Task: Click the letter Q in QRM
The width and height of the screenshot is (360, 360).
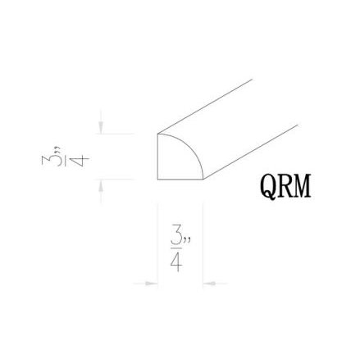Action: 267,187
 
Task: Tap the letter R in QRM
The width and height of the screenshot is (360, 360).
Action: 284,186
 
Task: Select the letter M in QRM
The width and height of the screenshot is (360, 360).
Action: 302,186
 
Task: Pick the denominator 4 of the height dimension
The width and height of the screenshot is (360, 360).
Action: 79,161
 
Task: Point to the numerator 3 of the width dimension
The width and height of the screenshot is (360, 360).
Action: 176,235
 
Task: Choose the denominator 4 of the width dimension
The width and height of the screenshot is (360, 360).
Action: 176,262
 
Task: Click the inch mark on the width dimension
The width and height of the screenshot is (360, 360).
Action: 187,239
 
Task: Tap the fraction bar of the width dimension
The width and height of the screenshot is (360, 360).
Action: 176,248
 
